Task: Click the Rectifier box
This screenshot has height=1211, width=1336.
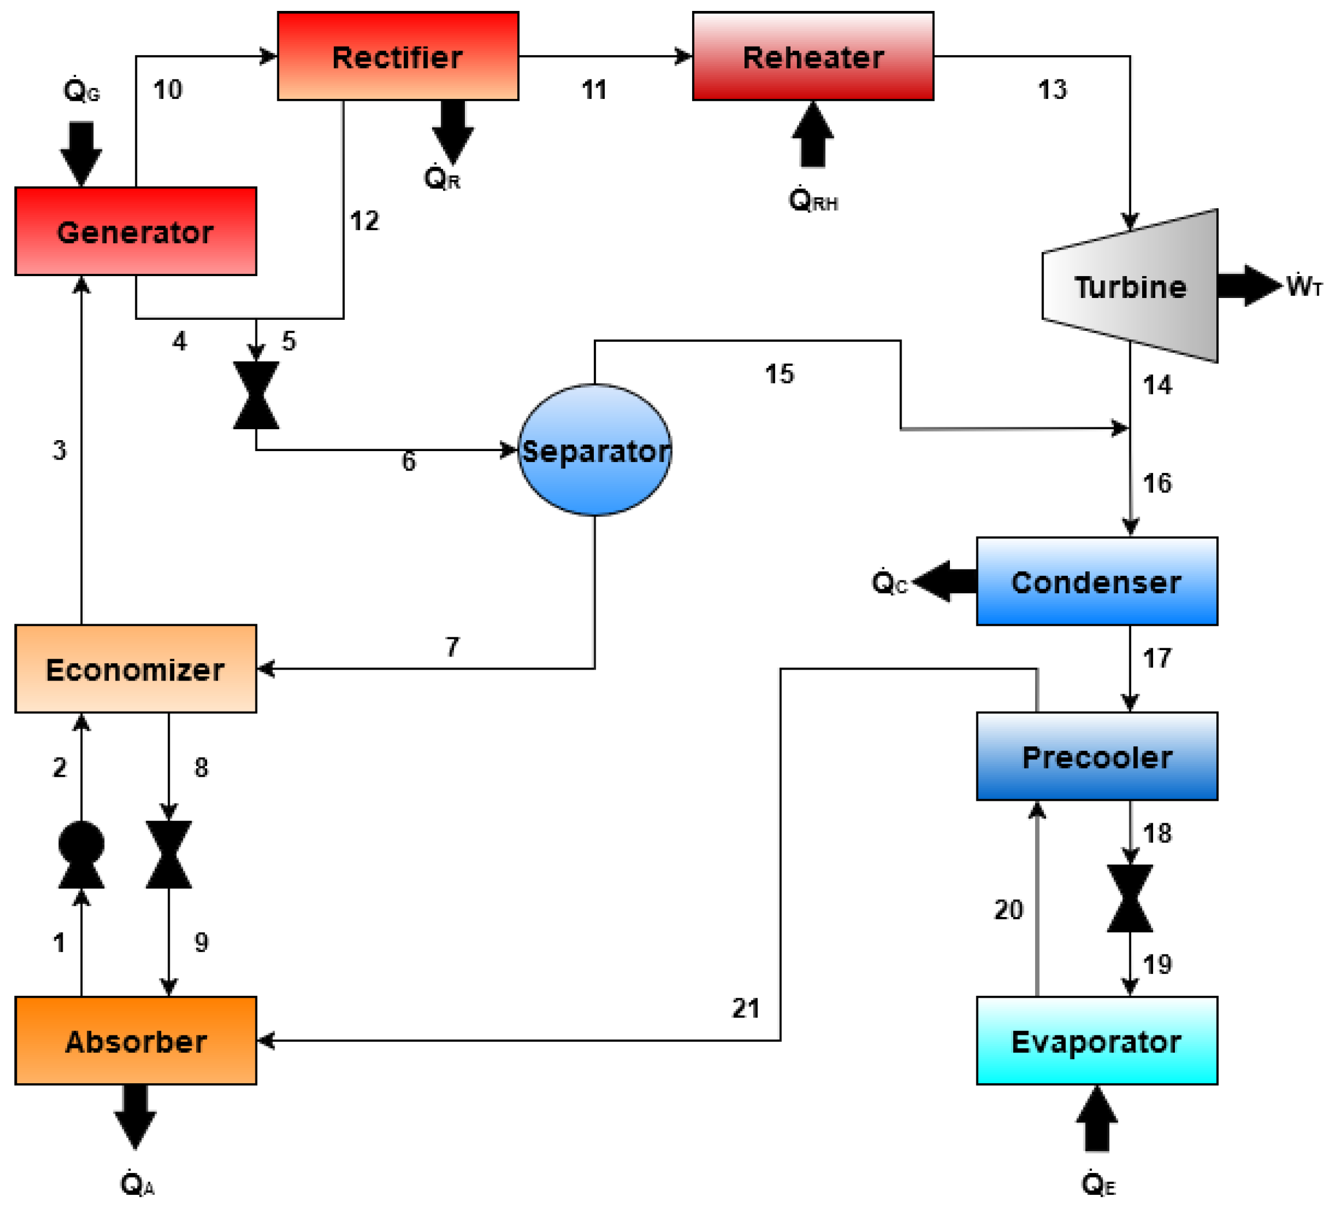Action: click(x=398, y=56)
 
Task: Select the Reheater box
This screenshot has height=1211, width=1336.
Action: click(x=812, y=56)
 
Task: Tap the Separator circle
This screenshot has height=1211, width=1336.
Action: click(x=594, y=450)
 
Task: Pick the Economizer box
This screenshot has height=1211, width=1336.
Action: click(x=135, y=668)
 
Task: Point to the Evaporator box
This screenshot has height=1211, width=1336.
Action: click(x=1096, y=1041)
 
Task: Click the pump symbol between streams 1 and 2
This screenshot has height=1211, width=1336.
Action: click(x=81, y=854)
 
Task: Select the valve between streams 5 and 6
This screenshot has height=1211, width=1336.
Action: click(x=256, y=395)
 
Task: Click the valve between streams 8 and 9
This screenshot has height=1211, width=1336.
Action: click(x=169, y=854)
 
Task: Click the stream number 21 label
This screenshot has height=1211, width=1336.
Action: click(x=745, y=1008)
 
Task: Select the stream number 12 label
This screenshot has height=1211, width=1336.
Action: click(x=364, y=220)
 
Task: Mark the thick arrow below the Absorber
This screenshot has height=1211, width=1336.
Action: click(x=135, y=1116)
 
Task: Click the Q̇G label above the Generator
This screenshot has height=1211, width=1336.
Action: click(x=81, y=90)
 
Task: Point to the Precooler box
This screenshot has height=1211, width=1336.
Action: click(x=1096, y=756)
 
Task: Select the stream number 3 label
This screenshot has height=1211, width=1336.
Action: click(x=60, y=450)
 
